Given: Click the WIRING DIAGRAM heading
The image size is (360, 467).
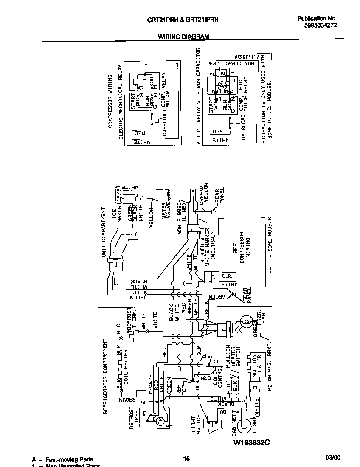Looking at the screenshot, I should click(183, 37).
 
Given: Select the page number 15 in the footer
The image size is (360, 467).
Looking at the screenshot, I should click(186, 459).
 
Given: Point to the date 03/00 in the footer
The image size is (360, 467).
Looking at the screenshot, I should click(333, 458).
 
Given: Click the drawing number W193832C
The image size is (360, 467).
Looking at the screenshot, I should click(251, 443).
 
